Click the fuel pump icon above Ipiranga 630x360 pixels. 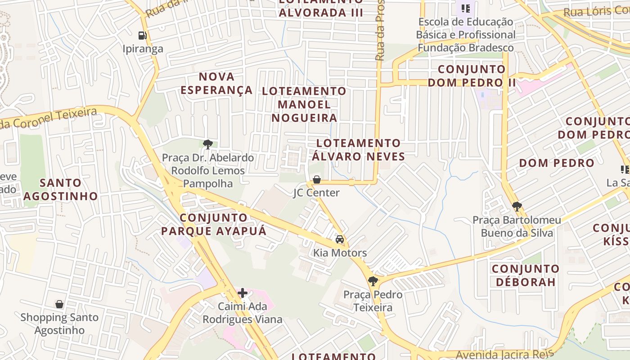142,35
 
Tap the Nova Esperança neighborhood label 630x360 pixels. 216,83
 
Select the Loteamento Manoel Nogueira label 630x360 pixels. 304,104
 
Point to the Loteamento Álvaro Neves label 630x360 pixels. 358,150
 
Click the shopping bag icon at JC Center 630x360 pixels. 317,180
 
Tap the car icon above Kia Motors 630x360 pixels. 340,239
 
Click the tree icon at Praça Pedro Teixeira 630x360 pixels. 373,281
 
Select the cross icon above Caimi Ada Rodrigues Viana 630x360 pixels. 243,293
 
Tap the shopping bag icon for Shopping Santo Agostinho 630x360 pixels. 59,305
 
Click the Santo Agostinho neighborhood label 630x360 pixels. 60,189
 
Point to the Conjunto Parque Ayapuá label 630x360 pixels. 214,225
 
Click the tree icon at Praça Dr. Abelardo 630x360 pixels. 207,144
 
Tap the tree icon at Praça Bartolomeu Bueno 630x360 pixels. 517,207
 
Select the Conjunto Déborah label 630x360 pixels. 525,275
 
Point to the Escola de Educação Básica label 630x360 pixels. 465,35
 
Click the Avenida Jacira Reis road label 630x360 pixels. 505,355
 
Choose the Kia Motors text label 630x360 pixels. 340,253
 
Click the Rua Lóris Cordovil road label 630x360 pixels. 596,11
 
